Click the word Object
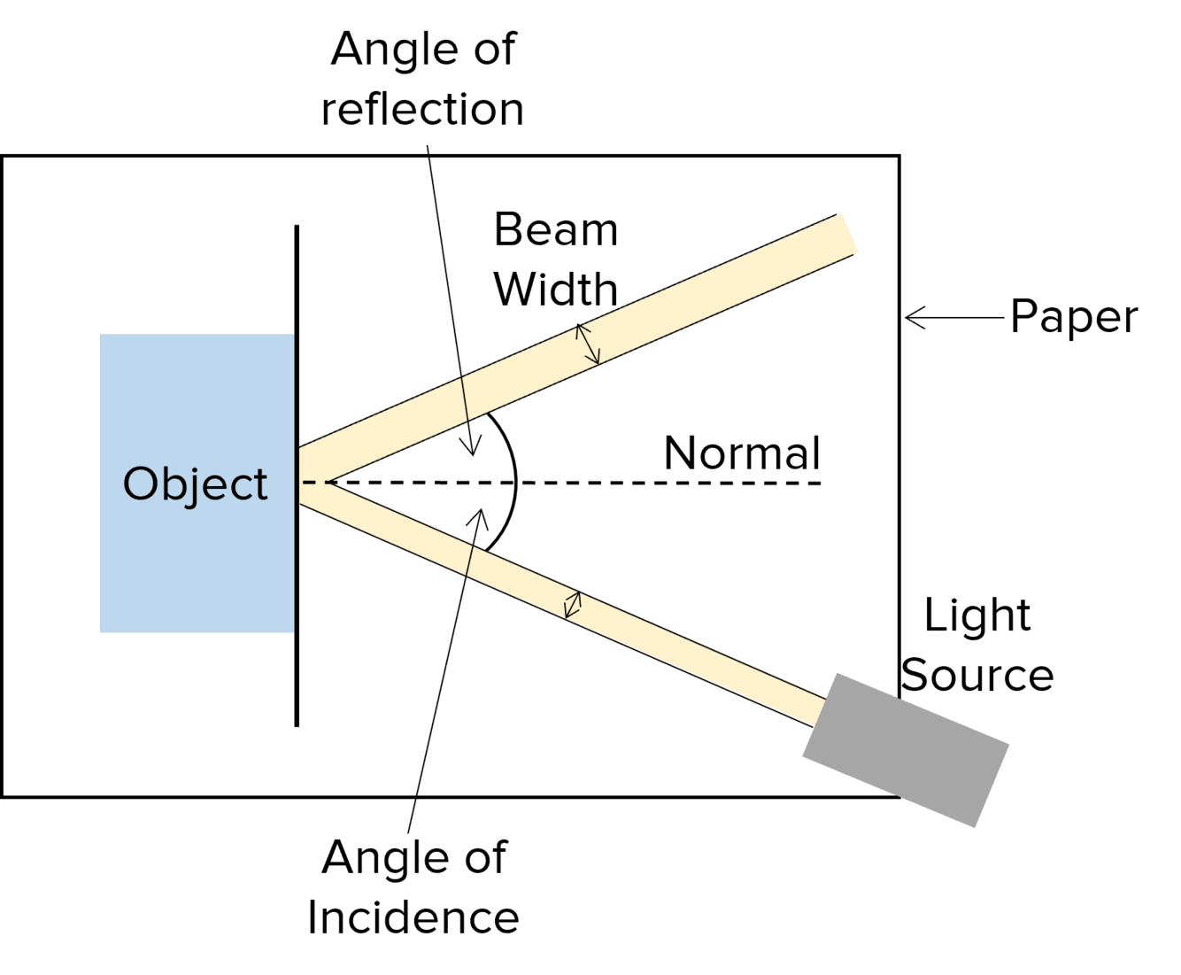195,484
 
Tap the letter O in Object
141,484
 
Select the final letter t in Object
260,485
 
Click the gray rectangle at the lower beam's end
905,750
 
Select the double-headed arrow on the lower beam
573,605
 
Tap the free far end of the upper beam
848,235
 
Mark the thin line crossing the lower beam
467,561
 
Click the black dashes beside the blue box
315,483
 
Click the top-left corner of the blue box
100,334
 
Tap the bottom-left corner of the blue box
100,633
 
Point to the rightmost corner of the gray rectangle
1009,744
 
